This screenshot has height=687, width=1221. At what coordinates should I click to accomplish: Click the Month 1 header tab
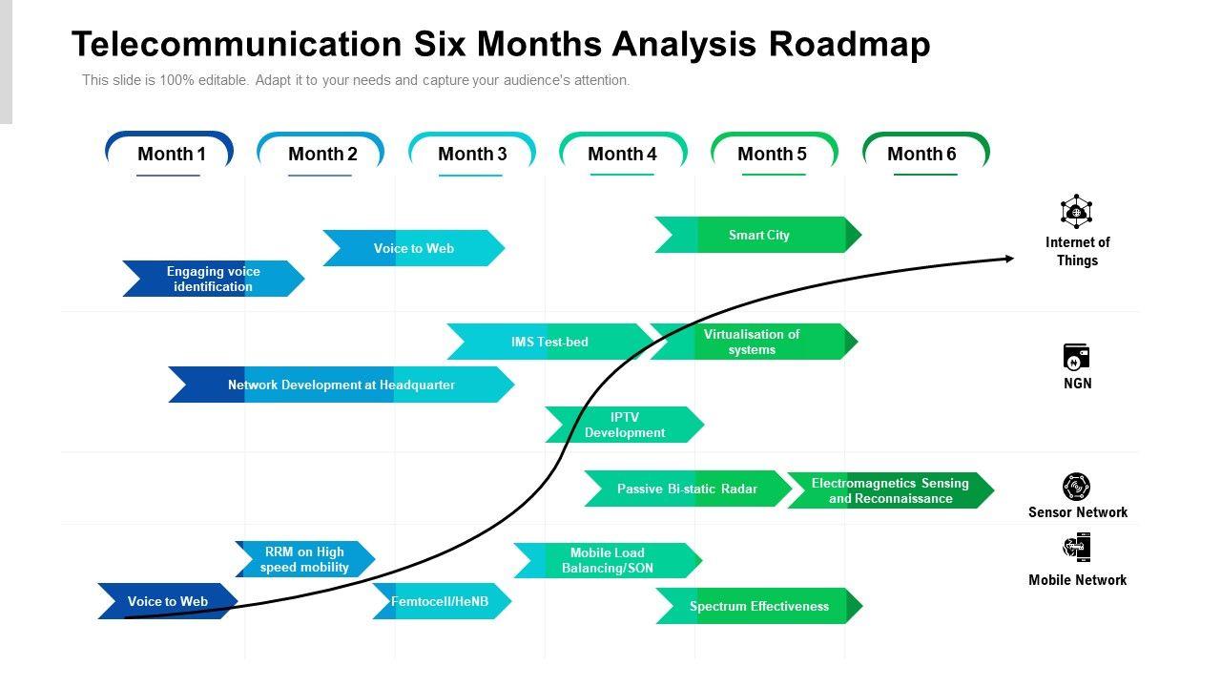tap(170, 154)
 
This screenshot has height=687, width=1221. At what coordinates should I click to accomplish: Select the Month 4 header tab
tap(622, 154)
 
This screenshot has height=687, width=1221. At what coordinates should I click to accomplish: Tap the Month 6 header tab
tap(922, 154)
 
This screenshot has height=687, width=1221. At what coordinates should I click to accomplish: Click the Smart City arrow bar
tap(758, 235)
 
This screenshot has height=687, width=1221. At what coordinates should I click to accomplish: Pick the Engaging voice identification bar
tap(213, 279)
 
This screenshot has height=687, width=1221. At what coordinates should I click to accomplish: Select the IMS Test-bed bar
tap(549, 342)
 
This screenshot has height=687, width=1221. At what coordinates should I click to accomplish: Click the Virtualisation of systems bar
tap(753, 342)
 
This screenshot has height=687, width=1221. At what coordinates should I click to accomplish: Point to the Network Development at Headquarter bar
tap(341, 385)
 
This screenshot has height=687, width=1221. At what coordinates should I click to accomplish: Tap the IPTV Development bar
tap(625, 425)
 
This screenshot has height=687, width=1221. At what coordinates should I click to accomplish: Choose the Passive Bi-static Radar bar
tap(687, 489)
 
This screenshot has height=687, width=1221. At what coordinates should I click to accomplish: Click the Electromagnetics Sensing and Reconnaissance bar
tap(890, 490)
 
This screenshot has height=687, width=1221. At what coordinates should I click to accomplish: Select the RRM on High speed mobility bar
tap(305, 559)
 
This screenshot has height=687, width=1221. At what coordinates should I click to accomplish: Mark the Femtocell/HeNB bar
tap(441, 601)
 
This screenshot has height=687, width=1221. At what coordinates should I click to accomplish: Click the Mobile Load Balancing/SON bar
tap(608, 560)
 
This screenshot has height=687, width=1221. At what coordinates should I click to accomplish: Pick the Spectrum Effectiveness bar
tap(759, 606)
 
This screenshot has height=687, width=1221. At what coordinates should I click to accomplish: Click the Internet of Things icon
tap(1076, 212)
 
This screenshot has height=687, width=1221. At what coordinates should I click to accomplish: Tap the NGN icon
tap(1076, 358)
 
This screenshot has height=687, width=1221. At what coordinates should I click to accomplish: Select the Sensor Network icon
tap(1076, 487)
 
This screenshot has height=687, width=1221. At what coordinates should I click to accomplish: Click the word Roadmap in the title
tap(849, 45)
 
